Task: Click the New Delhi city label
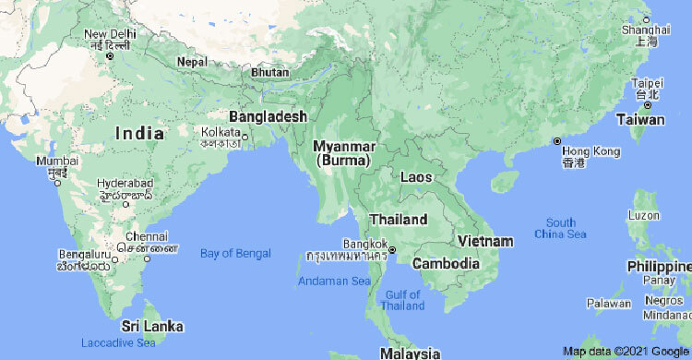[110, 34]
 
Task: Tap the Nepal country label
[192, 61]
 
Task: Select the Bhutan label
[269, 72]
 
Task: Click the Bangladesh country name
[267, 117]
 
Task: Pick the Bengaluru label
[83, 253]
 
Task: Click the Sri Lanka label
[152, 327]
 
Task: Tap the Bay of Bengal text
[236, 253]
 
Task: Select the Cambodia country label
[446, 263]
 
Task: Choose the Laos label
[419, 176]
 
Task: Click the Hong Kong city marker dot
[557, 141]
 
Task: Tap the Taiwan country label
[640, 120]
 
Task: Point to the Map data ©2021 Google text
[626, 351]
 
